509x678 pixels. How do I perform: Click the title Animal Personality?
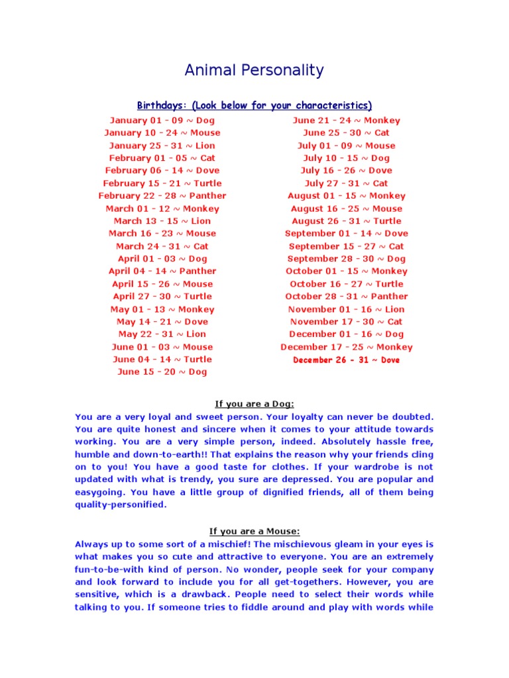tap(254, 70)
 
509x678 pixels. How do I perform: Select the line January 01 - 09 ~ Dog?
tap(162, 121)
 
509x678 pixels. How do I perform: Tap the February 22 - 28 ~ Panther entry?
tap(162, 196)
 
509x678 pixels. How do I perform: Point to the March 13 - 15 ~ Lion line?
tap(162, 221)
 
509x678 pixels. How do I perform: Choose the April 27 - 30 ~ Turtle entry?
tap(162, 297)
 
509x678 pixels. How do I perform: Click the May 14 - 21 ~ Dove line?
tap(162, 322)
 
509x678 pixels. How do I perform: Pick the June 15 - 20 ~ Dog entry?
tap(162, 372)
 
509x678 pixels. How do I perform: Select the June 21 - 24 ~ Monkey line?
tap(347, 121)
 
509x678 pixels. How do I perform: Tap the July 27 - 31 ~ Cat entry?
tap(347, 183)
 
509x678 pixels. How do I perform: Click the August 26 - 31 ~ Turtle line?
tap(347, 221)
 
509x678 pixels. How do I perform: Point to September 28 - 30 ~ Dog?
tap(347, 259)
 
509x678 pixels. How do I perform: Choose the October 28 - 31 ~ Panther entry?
tap(347, 297)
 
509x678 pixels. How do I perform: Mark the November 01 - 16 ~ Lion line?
tap(347, 309)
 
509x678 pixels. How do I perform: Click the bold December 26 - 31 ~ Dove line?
tap(347, 360)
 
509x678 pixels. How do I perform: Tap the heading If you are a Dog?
tap(254, 404)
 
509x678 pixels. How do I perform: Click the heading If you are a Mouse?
tap(254, 531)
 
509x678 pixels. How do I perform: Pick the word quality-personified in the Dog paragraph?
tap(119, 505)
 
